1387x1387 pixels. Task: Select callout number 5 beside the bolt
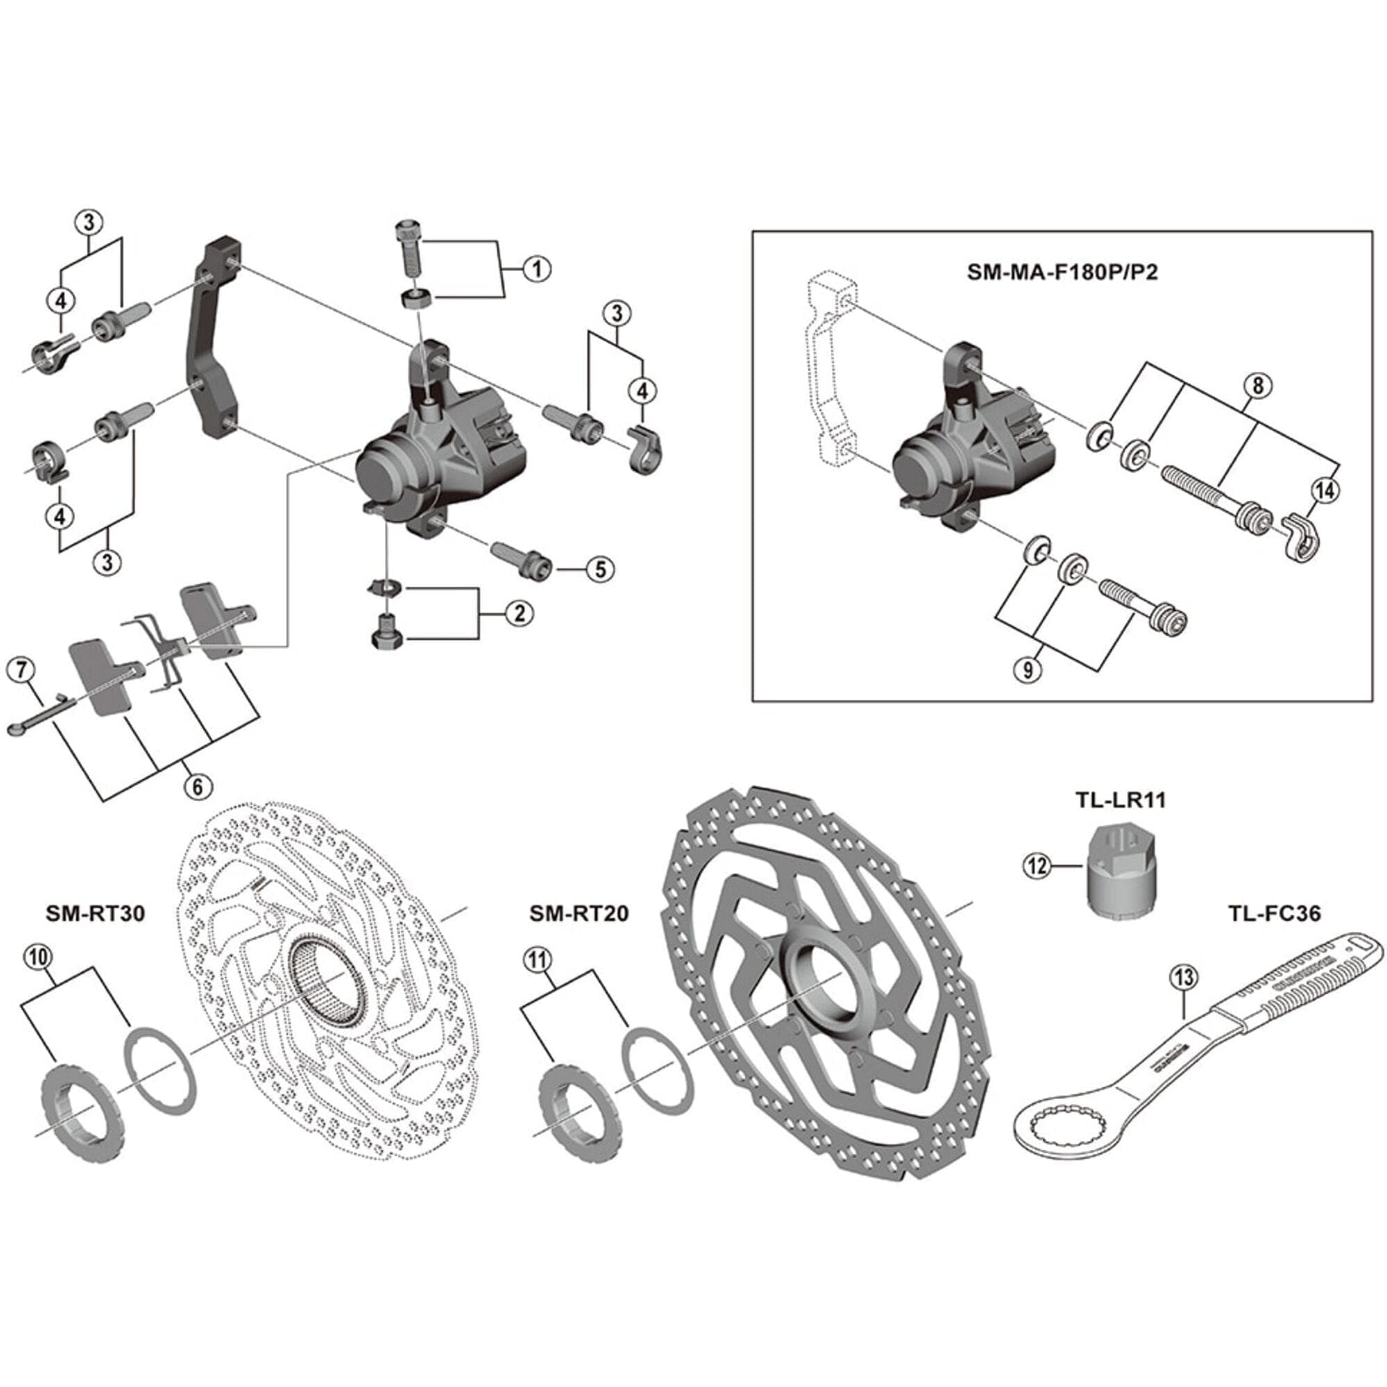click(x=599, y=569)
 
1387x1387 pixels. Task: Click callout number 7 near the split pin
click(x=19, y=671)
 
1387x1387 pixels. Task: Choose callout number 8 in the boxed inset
click(x=1258, y=386)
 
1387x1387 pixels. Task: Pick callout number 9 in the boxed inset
click(x=1028, y=670)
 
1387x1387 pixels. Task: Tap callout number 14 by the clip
click(x=1325, y=490)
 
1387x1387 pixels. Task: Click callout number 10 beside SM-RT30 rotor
click(x=39, y=957)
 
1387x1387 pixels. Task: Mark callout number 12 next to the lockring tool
click(x=1037, y=866)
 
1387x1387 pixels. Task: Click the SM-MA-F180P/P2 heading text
click(x=1062, y=273)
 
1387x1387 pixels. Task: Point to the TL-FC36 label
click(x=1273, y=913)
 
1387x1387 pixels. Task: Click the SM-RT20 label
click(x=578, y=913)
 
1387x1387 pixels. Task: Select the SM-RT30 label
click(x=96, y=913)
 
